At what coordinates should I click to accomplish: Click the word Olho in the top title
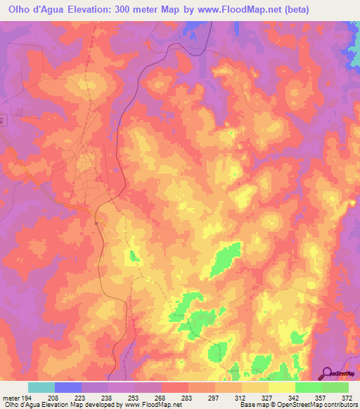point(20,8)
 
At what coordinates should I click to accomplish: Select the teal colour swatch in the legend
point(41,387)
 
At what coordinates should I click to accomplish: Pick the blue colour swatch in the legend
point(68,387)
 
